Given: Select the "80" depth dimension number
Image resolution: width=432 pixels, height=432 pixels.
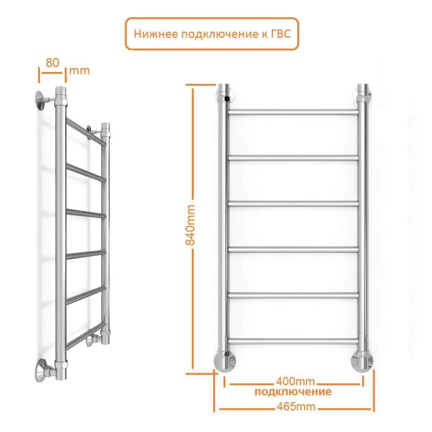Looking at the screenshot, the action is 53,63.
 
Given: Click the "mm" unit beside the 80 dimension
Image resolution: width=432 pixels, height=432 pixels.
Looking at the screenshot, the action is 79,71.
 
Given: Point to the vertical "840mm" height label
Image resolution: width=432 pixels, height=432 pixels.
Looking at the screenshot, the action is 190,225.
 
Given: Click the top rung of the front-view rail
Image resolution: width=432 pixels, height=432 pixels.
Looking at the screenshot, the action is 293,112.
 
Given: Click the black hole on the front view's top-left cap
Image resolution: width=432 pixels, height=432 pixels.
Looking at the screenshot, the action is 227,98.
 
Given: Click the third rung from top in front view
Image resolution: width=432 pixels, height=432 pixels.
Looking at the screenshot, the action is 293,204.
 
